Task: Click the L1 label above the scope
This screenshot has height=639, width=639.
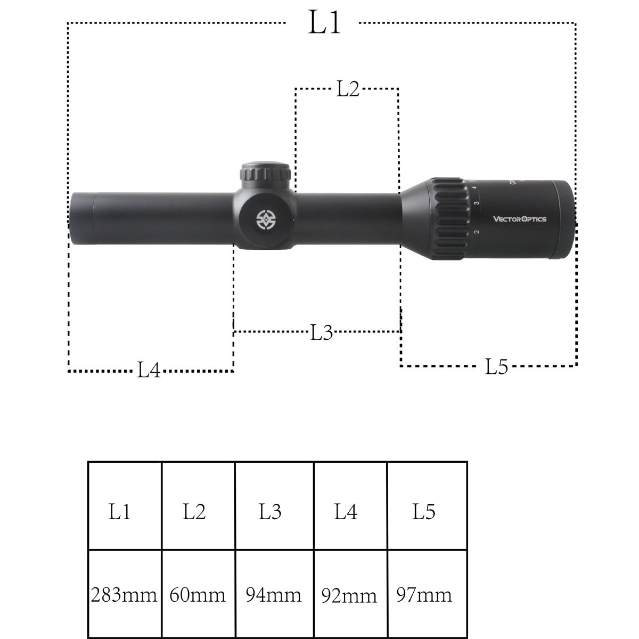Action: [324, 22]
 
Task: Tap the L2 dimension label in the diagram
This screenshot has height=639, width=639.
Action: [348, 89]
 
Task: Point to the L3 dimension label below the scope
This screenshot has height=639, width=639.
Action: [321, 332]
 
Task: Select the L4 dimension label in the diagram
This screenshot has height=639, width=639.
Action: [149, 370]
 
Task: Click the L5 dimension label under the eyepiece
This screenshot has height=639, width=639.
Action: [496, 366]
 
